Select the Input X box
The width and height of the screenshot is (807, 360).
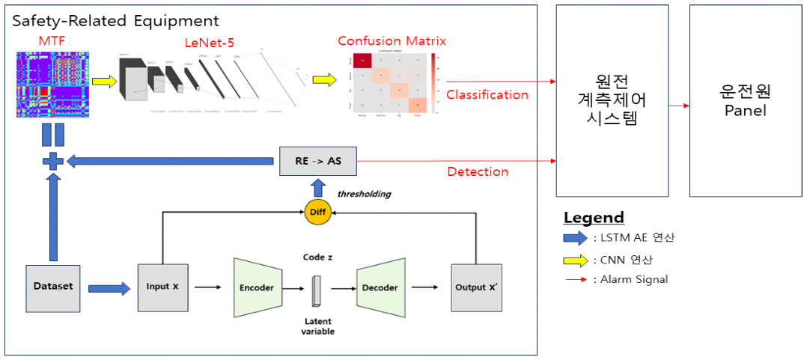click(162, 287)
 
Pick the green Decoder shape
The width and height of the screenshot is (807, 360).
click(380, 287)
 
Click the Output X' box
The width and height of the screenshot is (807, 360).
click(476, 287)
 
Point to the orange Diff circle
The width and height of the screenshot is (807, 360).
click(317, 213)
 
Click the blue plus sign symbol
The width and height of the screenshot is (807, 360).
click(52, 160)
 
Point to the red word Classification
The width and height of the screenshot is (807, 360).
click(487, 94)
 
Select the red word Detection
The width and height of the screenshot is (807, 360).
click(478, 171)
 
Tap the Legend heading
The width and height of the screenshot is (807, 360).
click(594, 218)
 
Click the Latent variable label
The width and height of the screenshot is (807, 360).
click(318, 326)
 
